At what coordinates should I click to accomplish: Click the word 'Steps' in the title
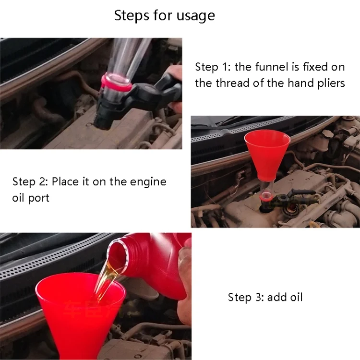(x=132, y=16)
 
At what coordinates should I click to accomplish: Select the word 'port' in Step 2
(x=38, y=198)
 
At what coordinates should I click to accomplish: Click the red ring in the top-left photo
(x=116, y=83)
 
